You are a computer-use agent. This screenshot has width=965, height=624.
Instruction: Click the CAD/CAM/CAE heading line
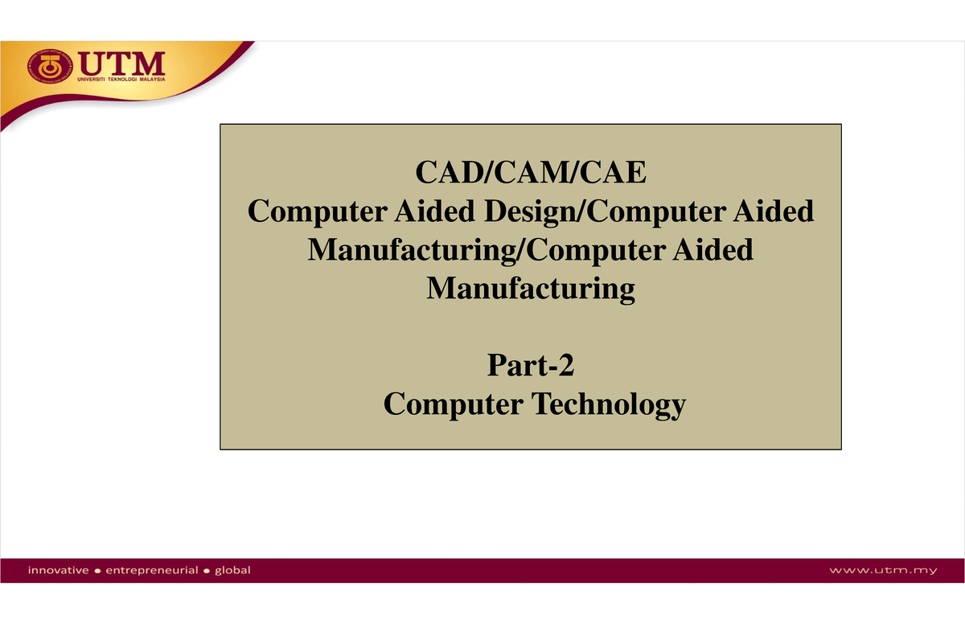tap(530, 174)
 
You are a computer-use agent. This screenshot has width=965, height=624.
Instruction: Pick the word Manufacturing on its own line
tap(530, 287)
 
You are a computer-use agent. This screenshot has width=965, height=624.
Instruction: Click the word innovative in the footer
tap(59, 570)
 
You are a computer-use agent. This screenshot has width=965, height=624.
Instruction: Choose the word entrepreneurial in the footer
tap(152, 570)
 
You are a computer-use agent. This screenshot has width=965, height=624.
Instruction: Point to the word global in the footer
tap(232, 570)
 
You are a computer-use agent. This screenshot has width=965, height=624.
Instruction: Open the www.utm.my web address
tap(884, 571)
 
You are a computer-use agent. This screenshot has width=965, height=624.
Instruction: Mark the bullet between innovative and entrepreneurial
tap(97, 571)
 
